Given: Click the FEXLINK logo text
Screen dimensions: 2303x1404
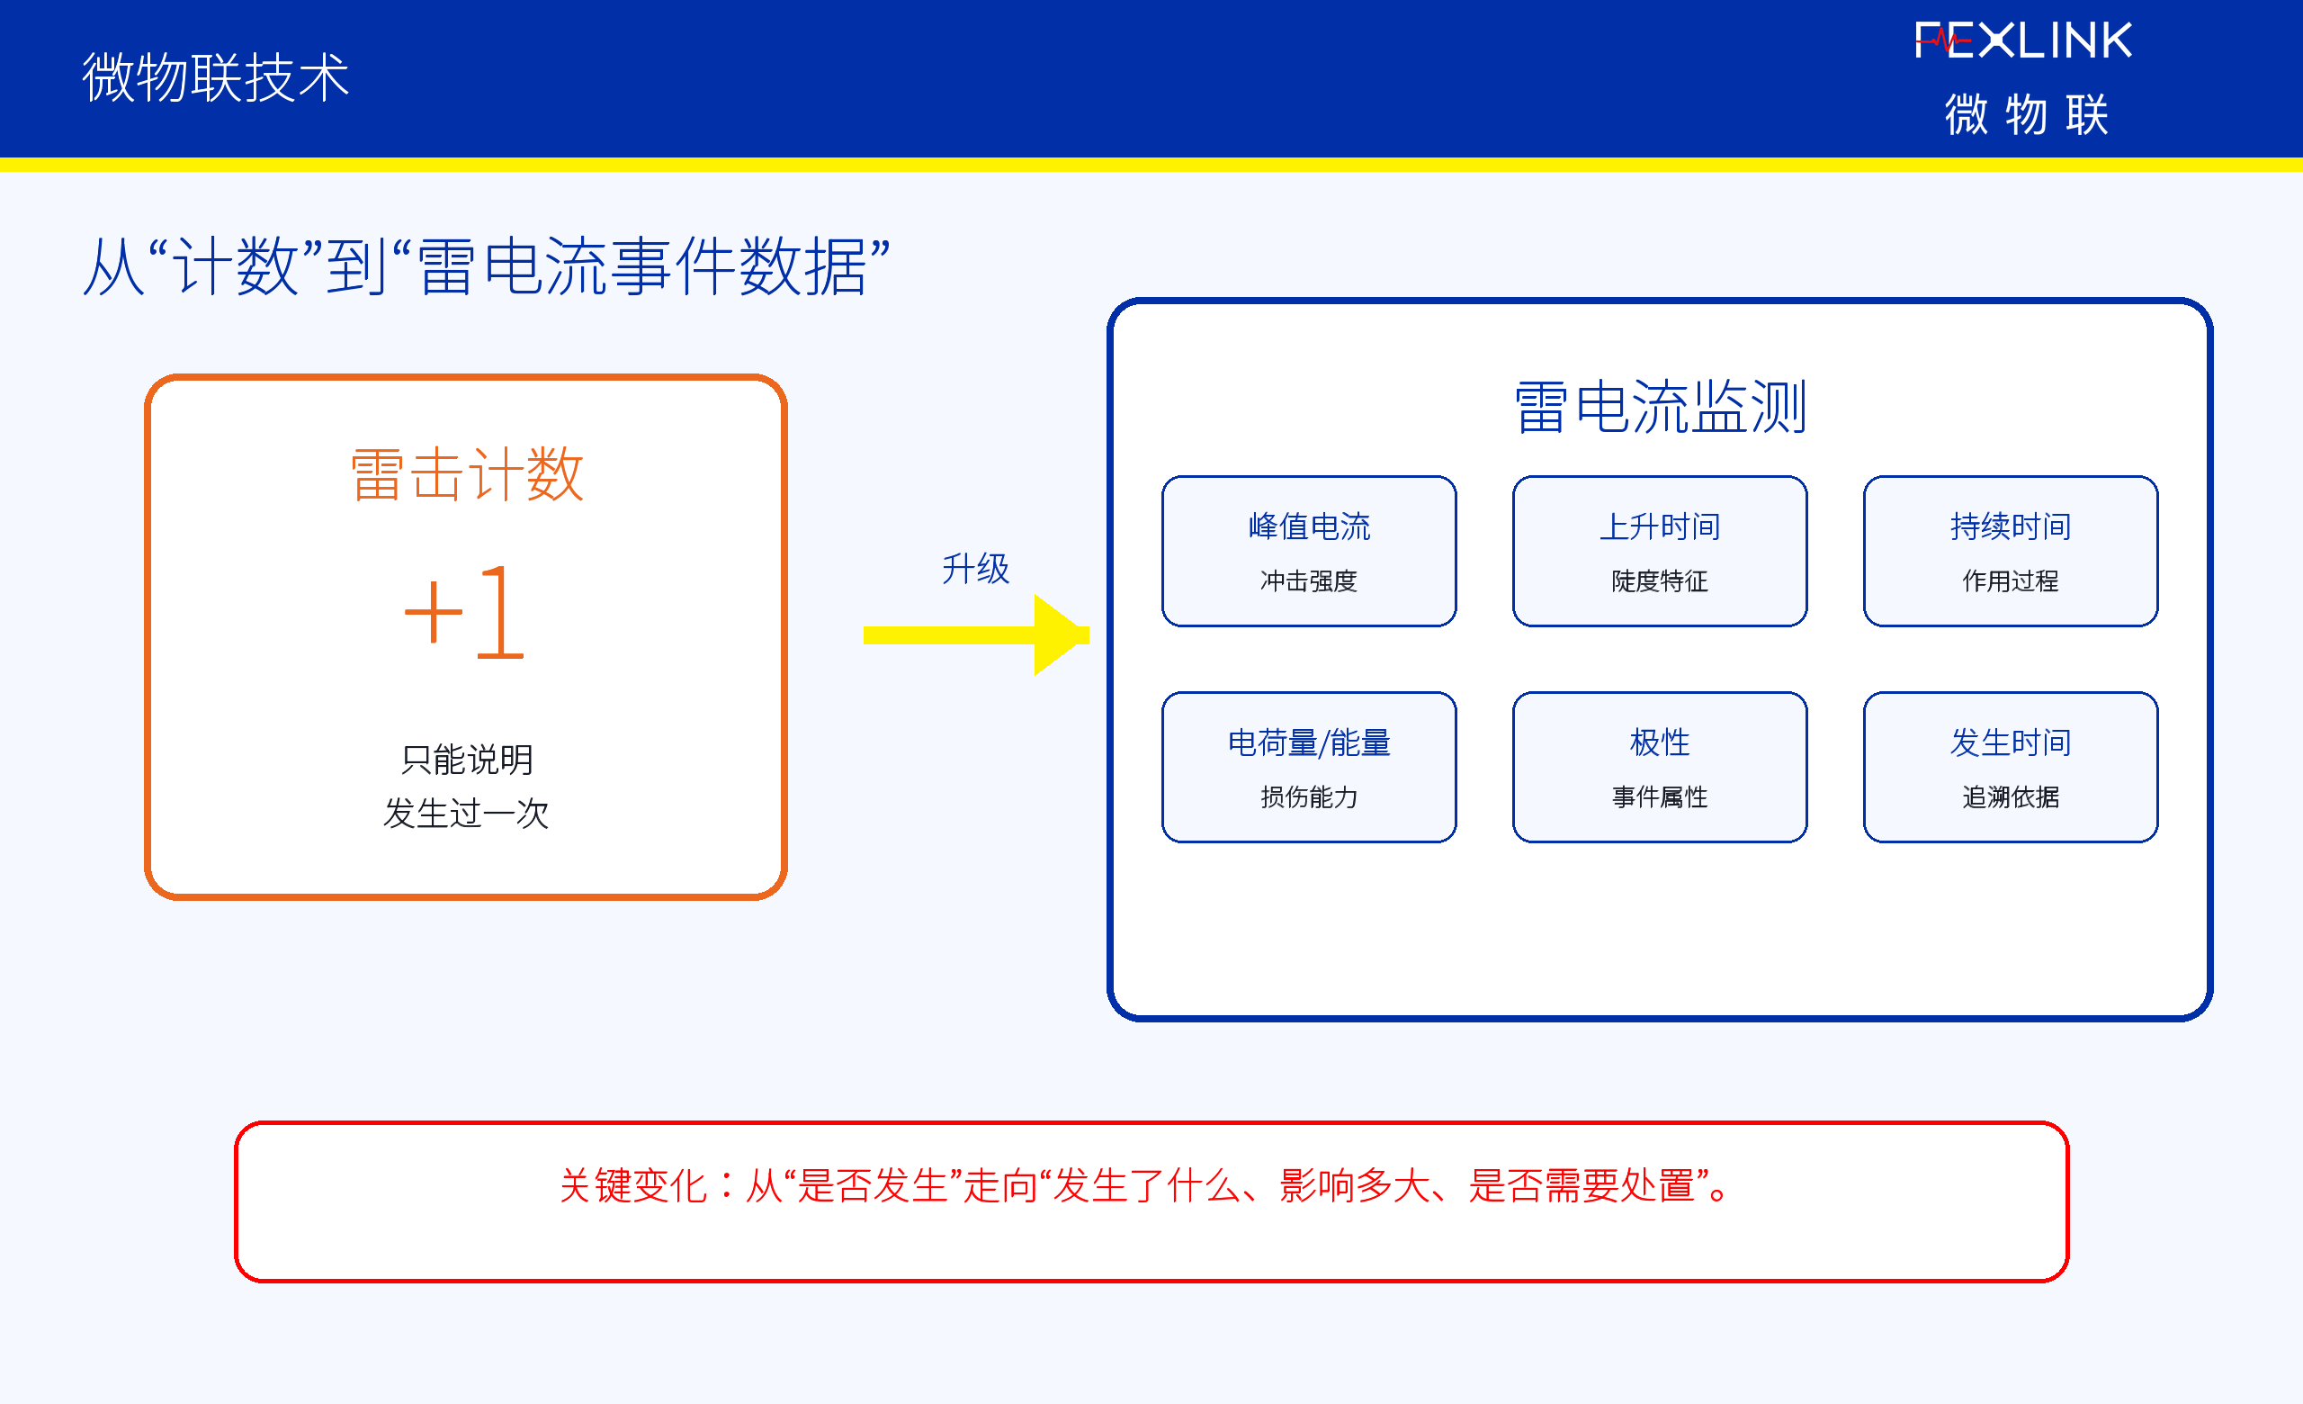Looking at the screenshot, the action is (x=2023, y=41).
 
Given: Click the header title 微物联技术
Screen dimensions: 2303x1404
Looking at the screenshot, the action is (x=216, y=76).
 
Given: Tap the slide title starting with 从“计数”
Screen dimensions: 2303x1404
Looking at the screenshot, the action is (x=486, y=266).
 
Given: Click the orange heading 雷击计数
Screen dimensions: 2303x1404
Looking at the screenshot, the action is (x=467, y=474).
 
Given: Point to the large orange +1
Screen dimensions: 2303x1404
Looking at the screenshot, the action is (x=464, y=613).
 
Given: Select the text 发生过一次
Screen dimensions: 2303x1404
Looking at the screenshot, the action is (x=466, y=814).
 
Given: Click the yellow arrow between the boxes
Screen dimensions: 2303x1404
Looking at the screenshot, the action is (x=976, y=634).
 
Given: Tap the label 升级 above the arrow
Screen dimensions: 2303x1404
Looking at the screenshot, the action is (x=976, y=568).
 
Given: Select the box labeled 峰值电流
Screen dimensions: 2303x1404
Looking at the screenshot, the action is (x=1309, y=552).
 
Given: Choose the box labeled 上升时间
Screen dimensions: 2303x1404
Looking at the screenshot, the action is (x=1660, y=552).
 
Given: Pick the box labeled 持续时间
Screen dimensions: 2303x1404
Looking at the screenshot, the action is (x=2011, y=552).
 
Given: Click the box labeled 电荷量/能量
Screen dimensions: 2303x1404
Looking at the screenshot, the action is (x=1309, y=768).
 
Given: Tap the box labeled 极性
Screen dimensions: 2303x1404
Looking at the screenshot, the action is (x=1660, y=768).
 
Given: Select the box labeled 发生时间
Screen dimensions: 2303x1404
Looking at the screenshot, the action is (x=2011, y=768).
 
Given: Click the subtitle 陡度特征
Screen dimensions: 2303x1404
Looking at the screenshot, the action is (x=1660, y=581).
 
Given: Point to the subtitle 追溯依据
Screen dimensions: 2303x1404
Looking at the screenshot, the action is (x=2011, y=797).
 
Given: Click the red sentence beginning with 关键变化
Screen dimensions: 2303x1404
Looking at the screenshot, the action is (x=1146, y=1185).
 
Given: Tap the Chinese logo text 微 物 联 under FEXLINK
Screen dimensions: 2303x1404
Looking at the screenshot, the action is (x=2026, y=115).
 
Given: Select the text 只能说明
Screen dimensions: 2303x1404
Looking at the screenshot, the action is (x=466, y=759).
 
